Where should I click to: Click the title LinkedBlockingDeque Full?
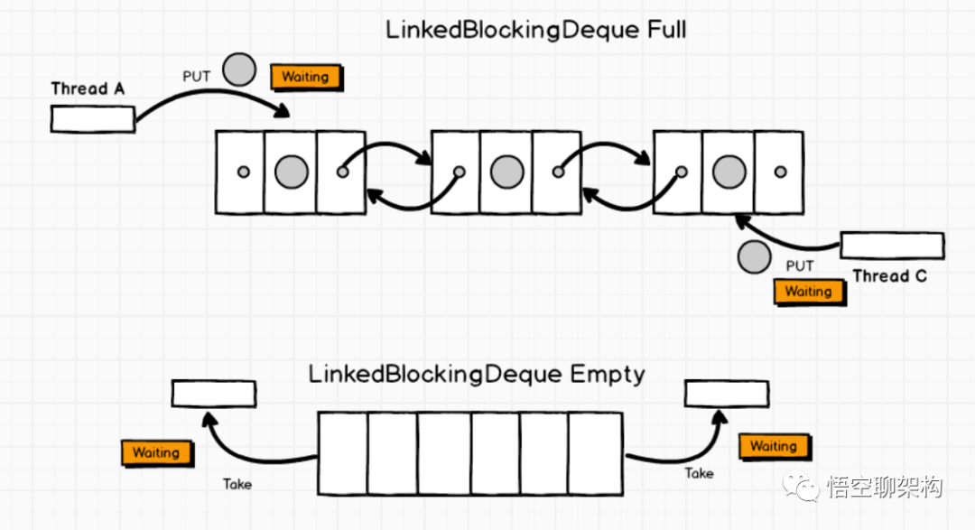[535, 29]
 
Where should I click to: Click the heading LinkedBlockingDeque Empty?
[477, 374]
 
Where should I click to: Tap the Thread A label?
[88, 88]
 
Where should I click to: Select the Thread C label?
[889, 276]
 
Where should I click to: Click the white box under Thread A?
[92, 118]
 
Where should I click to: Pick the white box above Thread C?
[892, 246]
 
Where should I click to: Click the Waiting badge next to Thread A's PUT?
[305, 77]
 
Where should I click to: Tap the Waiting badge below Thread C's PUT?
[808, 292]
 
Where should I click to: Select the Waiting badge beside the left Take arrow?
[156, 452]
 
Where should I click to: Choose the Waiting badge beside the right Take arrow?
[773, 446]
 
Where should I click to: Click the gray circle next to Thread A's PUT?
[239, 70]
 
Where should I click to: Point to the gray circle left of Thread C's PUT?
[754, 258]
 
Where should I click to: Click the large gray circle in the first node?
[291, 172]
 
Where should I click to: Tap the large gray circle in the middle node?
[506, 172]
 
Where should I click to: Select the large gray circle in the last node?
[728, 172]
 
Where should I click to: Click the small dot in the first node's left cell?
[242, 172]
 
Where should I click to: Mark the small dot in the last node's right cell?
[780, 172]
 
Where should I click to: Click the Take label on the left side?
[237, 484]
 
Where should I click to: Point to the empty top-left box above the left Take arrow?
[213, 394]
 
